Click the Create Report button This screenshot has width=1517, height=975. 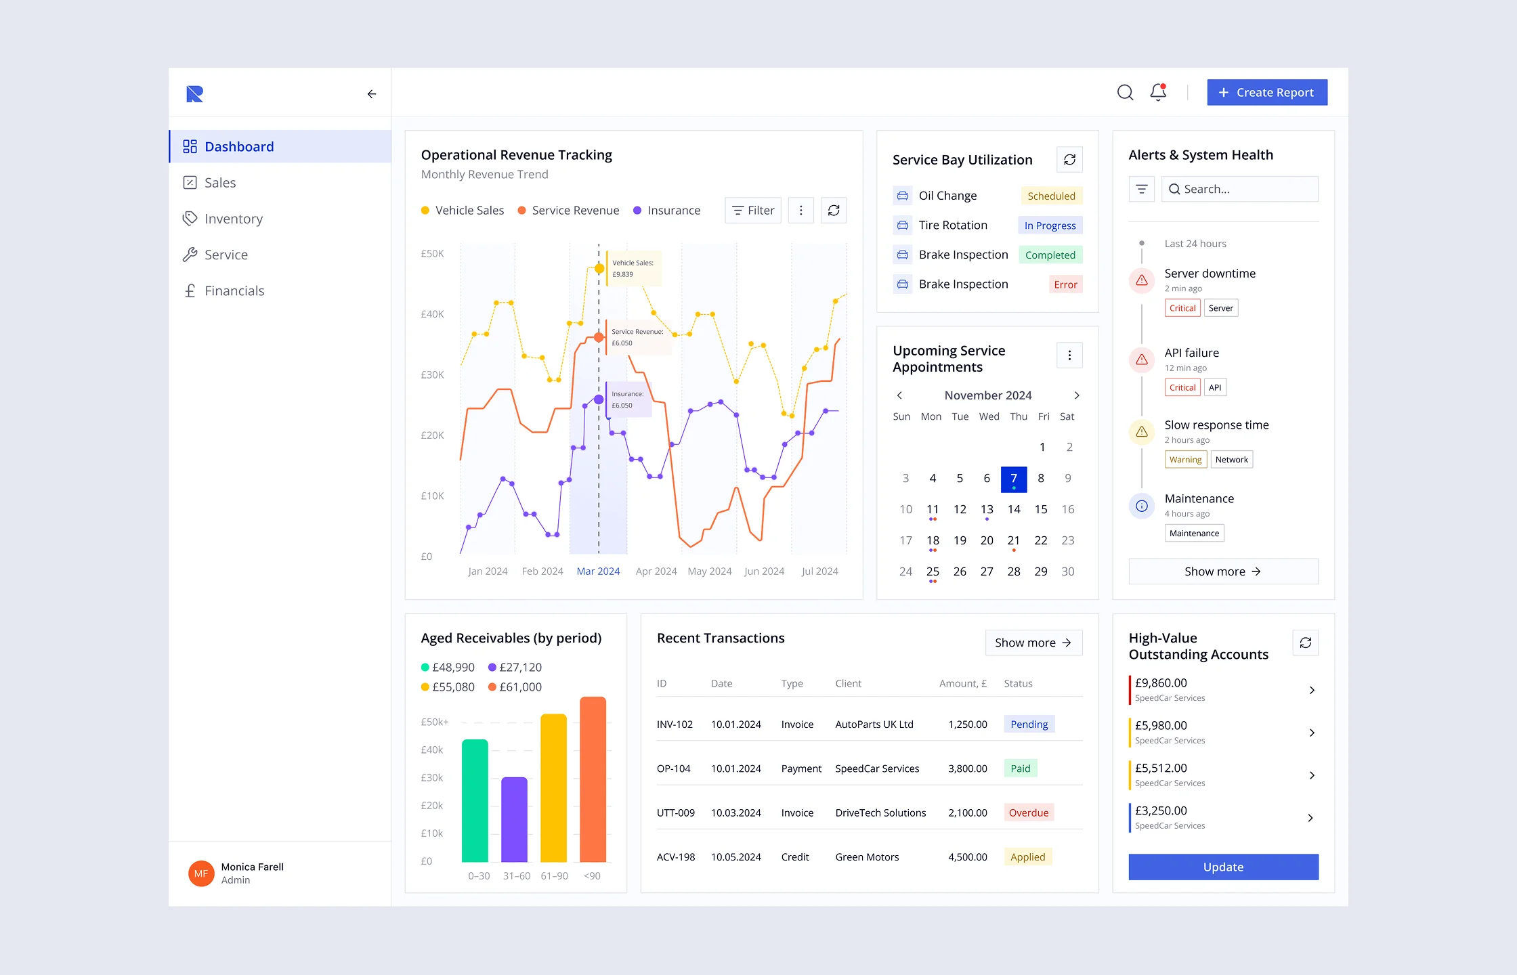tap(1266, 93)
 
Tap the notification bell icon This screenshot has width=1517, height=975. tap(1158, 92)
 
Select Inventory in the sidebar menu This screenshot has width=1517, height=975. tap(233, 219)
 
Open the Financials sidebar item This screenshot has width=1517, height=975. tap(234, 290)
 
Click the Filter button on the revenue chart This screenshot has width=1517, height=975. tap(753, 211)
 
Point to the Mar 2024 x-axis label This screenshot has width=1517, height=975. tap(598, 571)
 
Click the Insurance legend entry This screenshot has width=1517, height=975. tap(673, 211)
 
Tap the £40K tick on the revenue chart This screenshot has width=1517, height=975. tap(432, 314)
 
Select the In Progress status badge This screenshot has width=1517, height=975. tap(1050, 225)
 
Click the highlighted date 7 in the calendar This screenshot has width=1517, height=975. tap(1014, 479)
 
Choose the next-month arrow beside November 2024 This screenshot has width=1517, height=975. tap(1077, 395)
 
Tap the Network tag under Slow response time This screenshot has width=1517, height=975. tap(1231, 460)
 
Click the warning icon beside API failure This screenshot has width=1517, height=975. tap(1142, 360)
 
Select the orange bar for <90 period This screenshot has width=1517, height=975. tap(593, 779)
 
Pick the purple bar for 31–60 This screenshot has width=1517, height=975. tap(514, 819)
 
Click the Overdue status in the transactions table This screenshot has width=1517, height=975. tap(1028, 812)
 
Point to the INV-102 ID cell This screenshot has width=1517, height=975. tap(675, 724)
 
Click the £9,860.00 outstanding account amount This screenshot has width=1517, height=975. tap(1161, 683)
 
